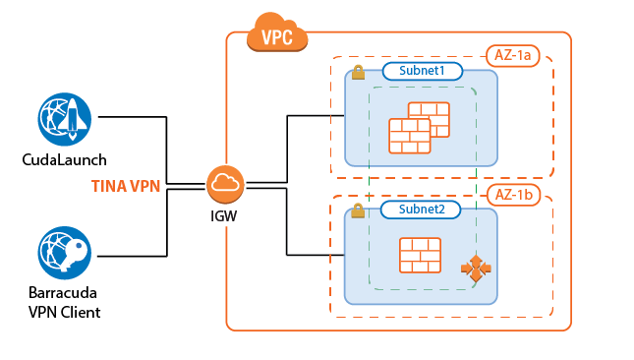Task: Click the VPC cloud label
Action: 279,36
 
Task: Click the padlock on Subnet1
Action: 359,72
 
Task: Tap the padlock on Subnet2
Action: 359,210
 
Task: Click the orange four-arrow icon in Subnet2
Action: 476,269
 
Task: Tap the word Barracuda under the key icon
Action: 65,294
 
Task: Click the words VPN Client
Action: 65,312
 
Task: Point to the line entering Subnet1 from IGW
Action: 315,116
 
